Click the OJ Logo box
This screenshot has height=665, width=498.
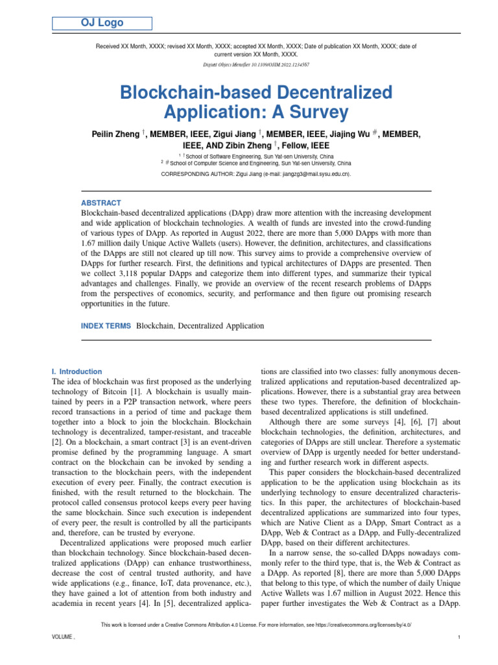coord(102,23)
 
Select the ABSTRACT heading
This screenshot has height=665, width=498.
coord(101,203)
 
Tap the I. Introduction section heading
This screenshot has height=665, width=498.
coord(77,371)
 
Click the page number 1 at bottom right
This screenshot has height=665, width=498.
coord(458,638)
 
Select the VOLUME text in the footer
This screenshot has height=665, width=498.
coord(62,638)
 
